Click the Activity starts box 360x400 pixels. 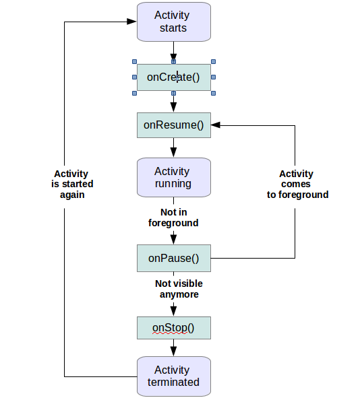point(174,22)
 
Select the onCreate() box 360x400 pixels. point(174,77)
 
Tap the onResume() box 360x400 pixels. point(174,125)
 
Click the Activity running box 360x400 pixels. point(174,177)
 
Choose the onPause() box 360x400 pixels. point(174,258)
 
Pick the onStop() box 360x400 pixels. point(174,328)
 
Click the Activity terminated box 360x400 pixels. point(174,376)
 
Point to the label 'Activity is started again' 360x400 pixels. point(72,185)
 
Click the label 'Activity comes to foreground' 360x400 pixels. point(297,185)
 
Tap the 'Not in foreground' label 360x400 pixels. point(174,218)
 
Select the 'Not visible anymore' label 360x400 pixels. point(179,289)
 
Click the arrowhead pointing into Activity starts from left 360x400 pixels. point(131,22)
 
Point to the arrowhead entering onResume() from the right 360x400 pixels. point(216,125)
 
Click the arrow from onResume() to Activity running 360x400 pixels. point(174,147)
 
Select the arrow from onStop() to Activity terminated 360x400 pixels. point(174,347)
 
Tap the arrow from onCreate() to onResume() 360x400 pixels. point(174,102)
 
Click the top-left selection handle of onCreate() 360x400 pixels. point(135,61)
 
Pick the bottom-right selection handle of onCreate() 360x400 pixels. point(214,94)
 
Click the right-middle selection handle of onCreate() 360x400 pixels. point(214,77)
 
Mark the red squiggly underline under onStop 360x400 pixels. point(170,333)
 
